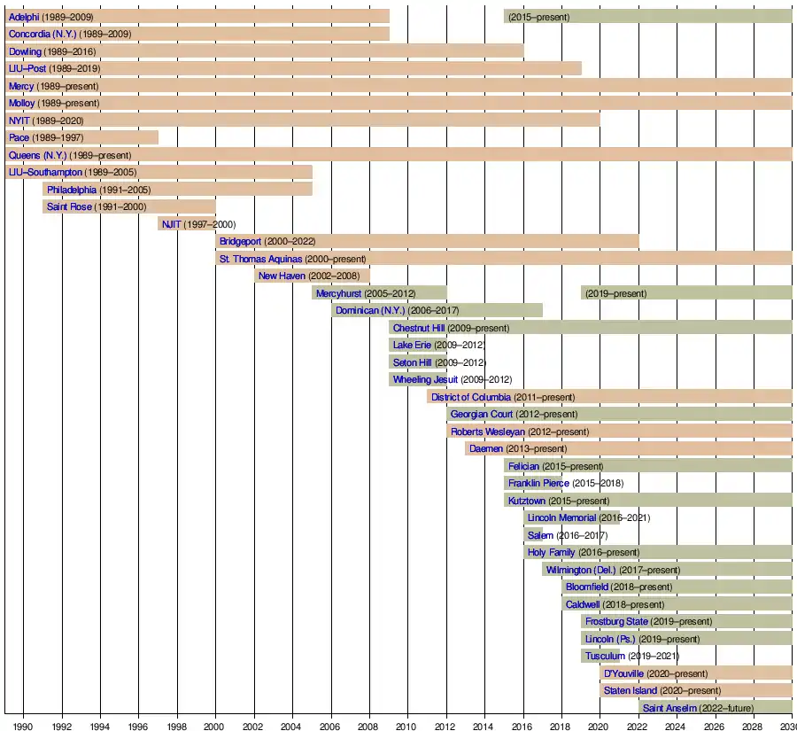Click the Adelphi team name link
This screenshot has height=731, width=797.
24,17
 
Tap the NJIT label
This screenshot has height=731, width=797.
172,224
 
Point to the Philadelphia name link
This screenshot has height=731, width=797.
72,190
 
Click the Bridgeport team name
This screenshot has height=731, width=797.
240,241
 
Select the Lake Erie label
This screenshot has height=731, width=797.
413,345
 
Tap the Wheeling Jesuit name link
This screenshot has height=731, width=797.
426,379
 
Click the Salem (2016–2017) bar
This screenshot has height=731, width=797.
533,535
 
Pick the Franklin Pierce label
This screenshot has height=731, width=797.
538,483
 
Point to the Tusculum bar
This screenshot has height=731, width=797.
590,656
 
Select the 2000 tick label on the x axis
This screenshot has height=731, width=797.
215,724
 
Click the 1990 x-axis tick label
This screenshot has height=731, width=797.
24,724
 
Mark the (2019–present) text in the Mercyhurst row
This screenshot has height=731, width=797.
616,293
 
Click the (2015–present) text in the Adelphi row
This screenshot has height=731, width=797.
539,17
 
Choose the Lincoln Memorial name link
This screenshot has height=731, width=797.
562,517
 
